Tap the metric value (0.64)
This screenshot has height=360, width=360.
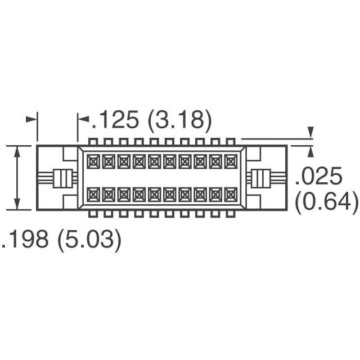coord(327,201)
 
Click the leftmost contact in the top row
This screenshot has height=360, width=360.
coord(93,162)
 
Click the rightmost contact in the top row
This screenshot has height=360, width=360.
coord(230,162)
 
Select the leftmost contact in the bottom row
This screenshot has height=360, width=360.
coord(93,195)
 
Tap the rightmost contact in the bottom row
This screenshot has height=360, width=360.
coord(230,195)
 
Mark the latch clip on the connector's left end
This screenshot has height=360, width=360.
coord(64,178)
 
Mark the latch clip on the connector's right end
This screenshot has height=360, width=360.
coord(260,178)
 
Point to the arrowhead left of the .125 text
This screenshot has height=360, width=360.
coord(83,120)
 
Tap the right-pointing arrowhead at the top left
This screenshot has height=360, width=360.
coord(32,120)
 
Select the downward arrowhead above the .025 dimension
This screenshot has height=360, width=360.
coord(310,133)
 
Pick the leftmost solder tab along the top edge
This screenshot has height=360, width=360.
coord(93,141)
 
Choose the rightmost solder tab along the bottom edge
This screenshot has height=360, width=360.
coord(230,214)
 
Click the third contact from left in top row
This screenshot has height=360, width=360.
coord(124,162)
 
